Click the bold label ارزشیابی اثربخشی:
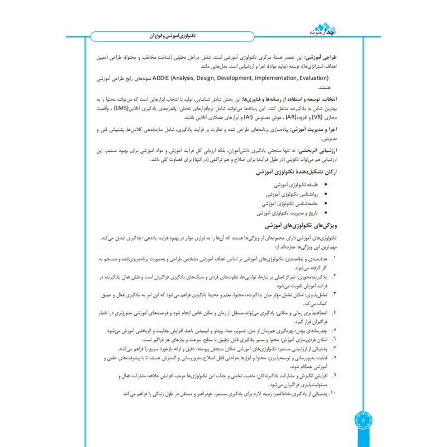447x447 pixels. point(342,151)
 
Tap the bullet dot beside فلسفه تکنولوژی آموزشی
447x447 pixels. point(327,184)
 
